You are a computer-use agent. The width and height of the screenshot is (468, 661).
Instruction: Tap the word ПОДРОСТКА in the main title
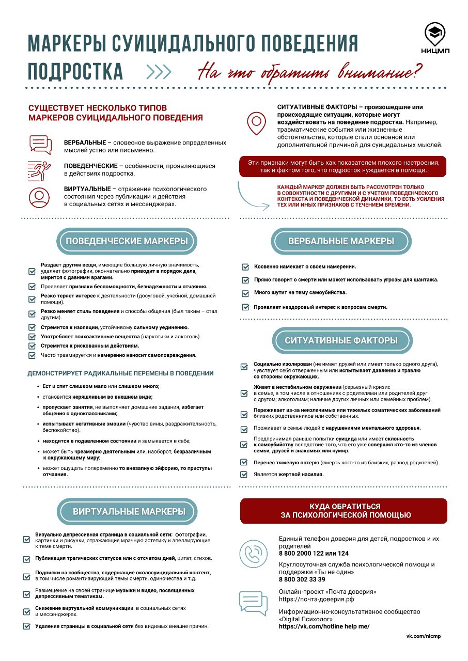coord(75,71)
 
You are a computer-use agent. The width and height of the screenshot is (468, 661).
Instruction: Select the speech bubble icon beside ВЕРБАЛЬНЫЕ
coord(40,145)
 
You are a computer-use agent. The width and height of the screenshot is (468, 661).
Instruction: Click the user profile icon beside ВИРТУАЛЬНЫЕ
coord(39,197)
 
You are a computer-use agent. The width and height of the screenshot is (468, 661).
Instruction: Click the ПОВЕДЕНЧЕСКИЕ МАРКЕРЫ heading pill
coord(127,241)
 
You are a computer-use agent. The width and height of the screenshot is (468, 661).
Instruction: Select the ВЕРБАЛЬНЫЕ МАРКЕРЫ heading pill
coord(341,241)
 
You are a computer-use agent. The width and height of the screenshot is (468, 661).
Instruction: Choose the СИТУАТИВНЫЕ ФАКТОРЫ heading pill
coord(341,340)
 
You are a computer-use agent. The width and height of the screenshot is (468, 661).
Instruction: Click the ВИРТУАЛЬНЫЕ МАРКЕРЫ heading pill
coord(129,512)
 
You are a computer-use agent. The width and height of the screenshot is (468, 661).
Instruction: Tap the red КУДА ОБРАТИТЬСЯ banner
coord(344,511)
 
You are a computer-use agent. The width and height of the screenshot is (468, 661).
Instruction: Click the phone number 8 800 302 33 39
coord(302,579)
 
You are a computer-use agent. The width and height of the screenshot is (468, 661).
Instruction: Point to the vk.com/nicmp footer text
coord(424,636)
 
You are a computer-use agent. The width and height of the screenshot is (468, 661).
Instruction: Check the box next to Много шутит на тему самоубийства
coord(245,293)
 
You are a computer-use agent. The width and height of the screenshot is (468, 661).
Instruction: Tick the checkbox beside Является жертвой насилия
coord(244,474)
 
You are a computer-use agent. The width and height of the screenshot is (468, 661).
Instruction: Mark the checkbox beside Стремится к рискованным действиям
coord(32,345)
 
